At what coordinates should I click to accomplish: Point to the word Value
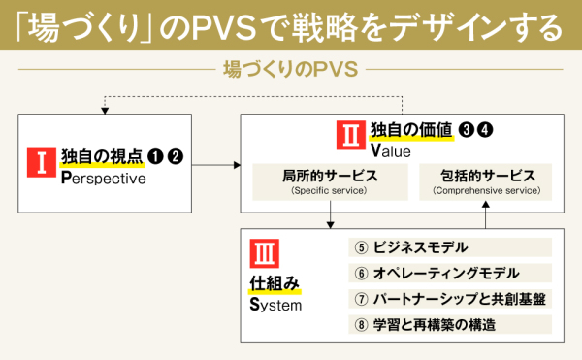coord(391,151)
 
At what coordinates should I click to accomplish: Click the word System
coord(276,305)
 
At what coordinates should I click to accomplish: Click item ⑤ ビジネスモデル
coord(446,246)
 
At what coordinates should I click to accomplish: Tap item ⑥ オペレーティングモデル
coord(446,273)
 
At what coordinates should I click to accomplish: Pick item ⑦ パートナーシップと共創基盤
coord(446,299)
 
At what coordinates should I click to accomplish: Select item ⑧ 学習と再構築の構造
coord(446,324)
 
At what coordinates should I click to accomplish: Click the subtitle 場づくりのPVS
coord(290,71)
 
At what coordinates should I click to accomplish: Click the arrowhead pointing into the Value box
coord(237,166)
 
